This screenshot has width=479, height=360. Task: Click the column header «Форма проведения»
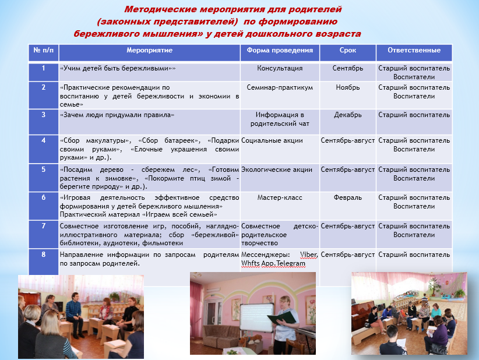[x=280, y=51]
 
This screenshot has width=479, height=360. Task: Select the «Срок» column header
[x=348, y=51]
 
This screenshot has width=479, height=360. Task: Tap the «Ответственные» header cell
[x=414, y=51]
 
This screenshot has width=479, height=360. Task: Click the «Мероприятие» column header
[x=149, y=51]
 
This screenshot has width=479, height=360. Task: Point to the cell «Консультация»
[x=280, y=69]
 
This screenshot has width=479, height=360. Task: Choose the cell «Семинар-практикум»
[x=280, y=88]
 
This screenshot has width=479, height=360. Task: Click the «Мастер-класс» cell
[x=280, y=198]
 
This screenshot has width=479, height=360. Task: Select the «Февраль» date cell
[x=348, y=198]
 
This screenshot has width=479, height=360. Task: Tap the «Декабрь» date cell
[x=348, y=115]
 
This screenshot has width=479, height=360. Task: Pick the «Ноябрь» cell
[x=348, y=88]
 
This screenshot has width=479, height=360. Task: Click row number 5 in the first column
[x=43, y=170]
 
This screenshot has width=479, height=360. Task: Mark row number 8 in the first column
[x=43, y=255]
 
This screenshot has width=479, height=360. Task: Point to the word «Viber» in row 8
[x=309, y=255]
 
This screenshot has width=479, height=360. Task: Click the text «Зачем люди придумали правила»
[x=117, y=115]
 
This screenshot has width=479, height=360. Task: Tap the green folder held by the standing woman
[x=285, y=318]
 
